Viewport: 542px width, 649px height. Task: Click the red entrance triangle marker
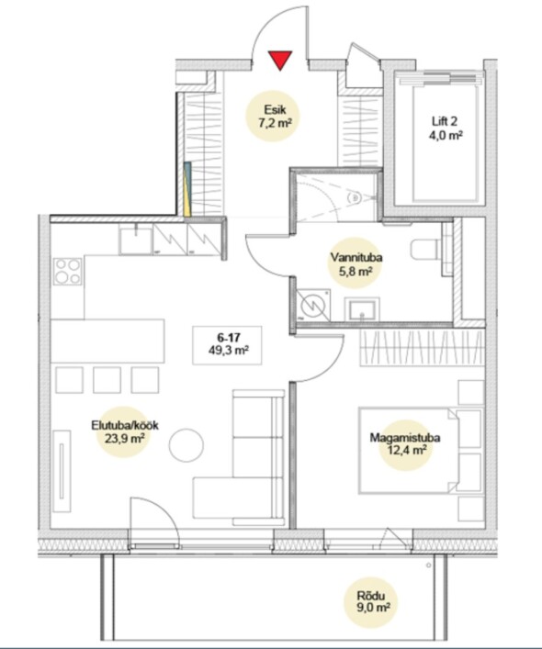coord(280,59)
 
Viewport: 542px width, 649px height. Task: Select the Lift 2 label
coord(447,128)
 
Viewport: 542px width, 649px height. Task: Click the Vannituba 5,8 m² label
coord(356,263)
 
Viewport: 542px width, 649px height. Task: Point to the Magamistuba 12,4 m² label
coord(404,443)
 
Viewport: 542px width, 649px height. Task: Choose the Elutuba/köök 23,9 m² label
coord(125,431)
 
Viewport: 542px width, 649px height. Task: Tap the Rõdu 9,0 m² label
coord(371,602)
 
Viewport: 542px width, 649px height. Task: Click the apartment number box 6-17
coord(227,345)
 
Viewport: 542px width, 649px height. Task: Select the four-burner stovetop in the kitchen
coord(67,271)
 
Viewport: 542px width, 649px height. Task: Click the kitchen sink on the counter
coord(135,240)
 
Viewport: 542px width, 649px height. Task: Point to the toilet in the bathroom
coord(424,250)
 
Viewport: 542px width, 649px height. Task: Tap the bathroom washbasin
coord(362,308)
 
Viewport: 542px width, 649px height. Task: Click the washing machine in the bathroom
coord(313,305)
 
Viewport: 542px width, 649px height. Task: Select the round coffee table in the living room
coord(186,445)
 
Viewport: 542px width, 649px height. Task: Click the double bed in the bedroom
coord(420,451)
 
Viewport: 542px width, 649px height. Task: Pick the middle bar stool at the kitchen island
coord(107,379)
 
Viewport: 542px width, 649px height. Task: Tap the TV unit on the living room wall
coord(62,472)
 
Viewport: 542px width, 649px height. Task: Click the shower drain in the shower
coord(355,198)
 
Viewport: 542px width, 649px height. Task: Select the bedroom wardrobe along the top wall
coord(422,348)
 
